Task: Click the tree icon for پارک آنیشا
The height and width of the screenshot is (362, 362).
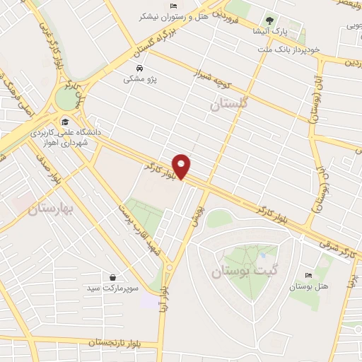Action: (x=268, y=20)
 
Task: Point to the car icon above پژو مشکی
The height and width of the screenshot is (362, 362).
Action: (x=140, y=69)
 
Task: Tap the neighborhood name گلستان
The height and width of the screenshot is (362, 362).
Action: (x=230, y=105)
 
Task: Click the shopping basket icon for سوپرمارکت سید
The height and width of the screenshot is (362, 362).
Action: (x=113, y=276)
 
